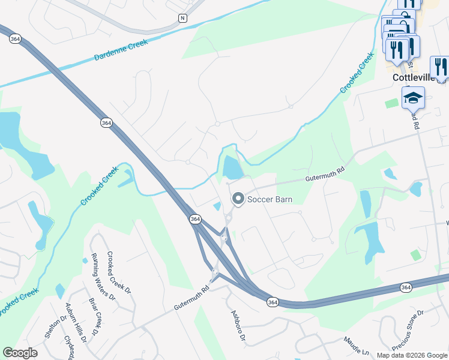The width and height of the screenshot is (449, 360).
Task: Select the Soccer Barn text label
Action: pyautogui.click(x=270, y=199)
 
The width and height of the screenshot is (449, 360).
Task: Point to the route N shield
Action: pyautogui.click(x=182, y=18)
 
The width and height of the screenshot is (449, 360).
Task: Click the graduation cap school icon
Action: pyautogui.click(x=413, y=98)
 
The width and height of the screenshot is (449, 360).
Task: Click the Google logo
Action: pyautogui.click(x=20, y=353)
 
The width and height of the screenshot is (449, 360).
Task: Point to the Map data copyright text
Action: pyautogui.click(x=412, y=355)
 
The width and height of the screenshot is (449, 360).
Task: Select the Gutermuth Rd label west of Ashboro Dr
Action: pyautogui.click(x=191, y=298)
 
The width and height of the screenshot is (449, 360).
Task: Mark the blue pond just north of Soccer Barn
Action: pyautogui.click(x=232, y=167)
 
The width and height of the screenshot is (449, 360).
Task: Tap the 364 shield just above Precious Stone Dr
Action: pyautogui.click(x=406, y=288)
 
